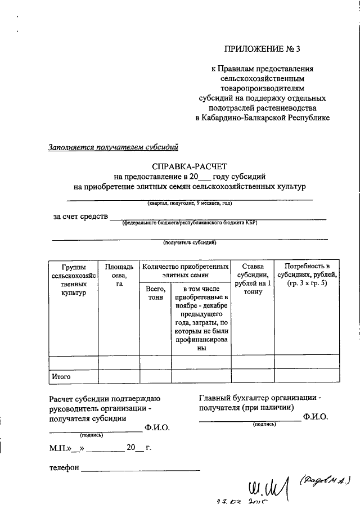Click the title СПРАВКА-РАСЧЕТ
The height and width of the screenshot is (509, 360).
pos(189,166)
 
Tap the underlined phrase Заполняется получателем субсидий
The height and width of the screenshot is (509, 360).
pos(114,148)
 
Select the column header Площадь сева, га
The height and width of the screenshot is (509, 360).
pos(119,275)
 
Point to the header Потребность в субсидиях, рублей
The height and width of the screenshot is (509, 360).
pos(307,274)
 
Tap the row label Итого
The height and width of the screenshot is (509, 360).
pos(61,376)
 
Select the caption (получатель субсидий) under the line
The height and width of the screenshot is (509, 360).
pos(189,243)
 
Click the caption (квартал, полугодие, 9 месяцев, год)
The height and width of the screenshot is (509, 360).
pos(190,202)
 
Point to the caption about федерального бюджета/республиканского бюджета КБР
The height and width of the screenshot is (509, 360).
pos(190,223)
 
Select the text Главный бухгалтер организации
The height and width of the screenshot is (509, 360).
pos(260,398)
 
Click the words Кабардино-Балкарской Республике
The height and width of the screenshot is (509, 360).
pos(262,118)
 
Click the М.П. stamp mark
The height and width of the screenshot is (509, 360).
pos(59,448)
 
